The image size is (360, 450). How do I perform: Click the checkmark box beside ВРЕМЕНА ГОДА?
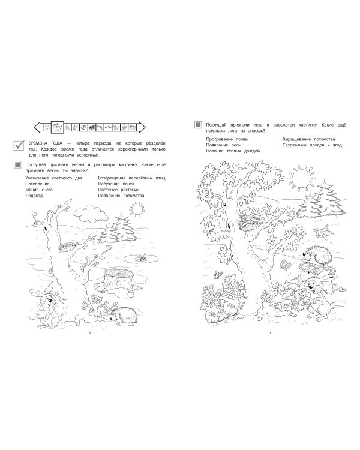coord(19,145)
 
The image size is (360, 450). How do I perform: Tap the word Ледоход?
coord(34,196)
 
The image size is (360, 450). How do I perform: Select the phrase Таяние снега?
coord(39,190)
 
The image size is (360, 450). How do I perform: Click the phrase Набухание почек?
coord(116,184)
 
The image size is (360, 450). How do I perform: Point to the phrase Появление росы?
coord(223,145)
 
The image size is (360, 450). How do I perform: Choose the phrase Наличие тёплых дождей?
coord(233,151)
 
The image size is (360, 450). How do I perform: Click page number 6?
coord(89,332)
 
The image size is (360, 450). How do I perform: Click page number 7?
coord(270,332)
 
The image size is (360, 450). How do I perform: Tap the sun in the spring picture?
coord(137,209)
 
